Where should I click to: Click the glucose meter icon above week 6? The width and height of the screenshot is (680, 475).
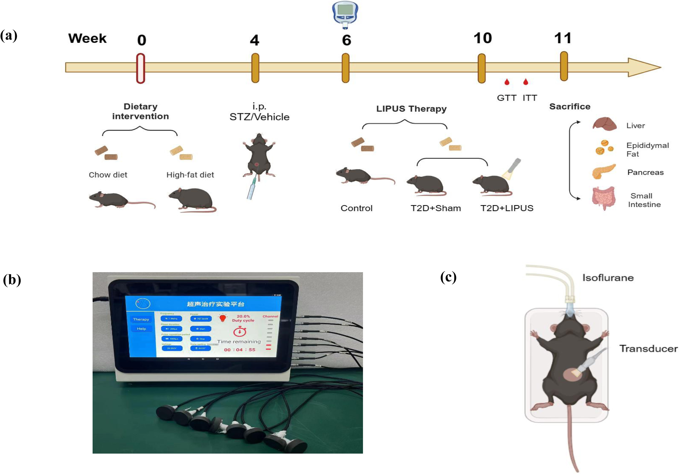point(345,14)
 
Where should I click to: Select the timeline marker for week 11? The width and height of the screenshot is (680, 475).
point(564,66)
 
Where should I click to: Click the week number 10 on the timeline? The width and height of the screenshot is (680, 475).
point(482,38)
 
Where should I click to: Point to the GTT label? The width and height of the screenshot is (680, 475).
point(507,98)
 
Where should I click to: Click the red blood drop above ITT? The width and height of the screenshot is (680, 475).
point(526,82)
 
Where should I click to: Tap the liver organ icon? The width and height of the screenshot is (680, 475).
point(604,124)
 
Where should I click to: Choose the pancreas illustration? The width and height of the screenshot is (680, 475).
point(604,172)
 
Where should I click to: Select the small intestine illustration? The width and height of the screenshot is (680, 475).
point(604,198)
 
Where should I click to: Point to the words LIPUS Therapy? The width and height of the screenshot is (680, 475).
point(411,109)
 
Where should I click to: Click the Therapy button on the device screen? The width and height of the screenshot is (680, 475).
point(141,319)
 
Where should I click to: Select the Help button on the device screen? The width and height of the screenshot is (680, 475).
point(141,329)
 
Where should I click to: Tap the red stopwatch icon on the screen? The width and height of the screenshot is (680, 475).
point(240,331)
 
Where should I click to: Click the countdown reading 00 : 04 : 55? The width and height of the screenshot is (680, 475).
point(240,350)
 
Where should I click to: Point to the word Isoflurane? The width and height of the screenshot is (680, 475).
point(608,278)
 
